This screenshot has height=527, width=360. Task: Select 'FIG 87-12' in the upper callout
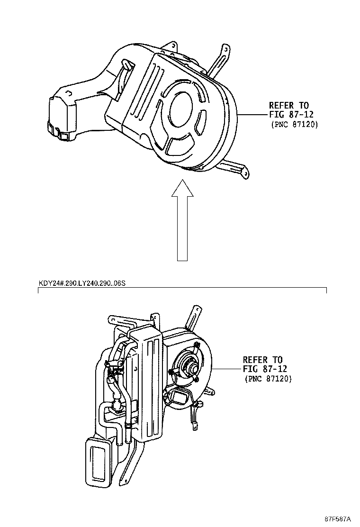pyautogui.click(x=291, y=115)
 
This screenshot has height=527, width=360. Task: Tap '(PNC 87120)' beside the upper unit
pyautogui.click(x=294, y=125)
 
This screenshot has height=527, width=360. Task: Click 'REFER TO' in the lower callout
pyautogui.click(x=262, y=360)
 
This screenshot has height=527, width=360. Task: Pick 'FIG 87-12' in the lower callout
pyautogui.click(x=265, y=369)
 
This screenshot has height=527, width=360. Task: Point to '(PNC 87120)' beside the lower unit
pyautogui.click(x=268, y=379)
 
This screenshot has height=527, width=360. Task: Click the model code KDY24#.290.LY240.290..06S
pyautogui.click(x=81, y=283)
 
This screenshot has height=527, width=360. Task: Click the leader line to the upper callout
pyautogui.click(x=253, y=115)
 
